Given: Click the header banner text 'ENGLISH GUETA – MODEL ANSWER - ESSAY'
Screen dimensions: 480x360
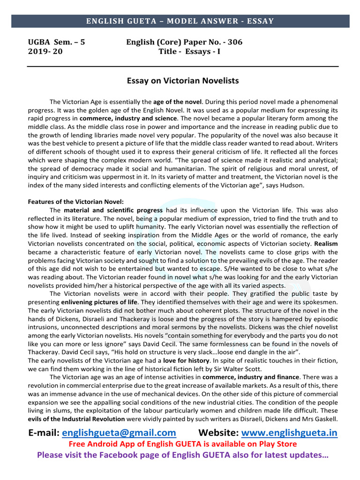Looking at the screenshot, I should click(180, 21).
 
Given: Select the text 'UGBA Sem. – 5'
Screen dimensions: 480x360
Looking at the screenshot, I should click(57, 42).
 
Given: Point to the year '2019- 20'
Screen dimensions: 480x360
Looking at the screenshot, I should click(45, 52).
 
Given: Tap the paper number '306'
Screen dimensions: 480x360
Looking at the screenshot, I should click(234, 42).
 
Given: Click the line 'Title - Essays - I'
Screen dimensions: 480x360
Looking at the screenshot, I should click(189, 52).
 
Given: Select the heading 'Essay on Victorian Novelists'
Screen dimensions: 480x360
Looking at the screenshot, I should click(183, 81).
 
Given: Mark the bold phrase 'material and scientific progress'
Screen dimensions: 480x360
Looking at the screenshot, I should click(113, 210).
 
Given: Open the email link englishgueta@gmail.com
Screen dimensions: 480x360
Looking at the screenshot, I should click(119, 432).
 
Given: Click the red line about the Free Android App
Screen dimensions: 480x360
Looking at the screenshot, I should click(183, 443).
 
